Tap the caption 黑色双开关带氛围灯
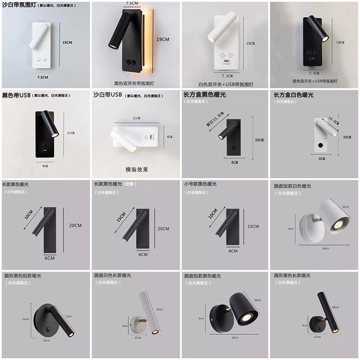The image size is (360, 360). (x=134, y=83)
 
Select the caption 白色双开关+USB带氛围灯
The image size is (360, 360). (x=226, y=84)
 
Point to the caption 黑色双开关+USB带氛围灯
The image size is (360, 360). (x=315, y=81)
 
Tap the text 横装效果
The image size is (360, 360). (x=137, y=170)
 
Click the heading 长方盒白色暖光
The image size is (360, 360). (x=294, y=95)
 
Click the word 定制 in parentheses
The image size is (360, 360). (x=130, y=184)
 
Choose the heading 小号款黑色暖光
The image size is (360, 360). (x=200, y=184)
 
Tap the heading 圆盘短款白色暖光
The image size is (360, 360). (x=292, y=186)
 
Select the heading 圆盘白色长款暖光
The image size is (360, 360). (x=112, y=275)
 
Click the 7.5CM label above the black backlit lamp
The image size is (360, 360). (x=132, y=3)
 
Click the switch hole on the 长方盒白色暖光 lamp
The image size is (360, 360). (x=320, y=145)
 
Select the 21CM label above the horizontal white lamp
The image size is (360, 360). (x=136, y=118)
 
